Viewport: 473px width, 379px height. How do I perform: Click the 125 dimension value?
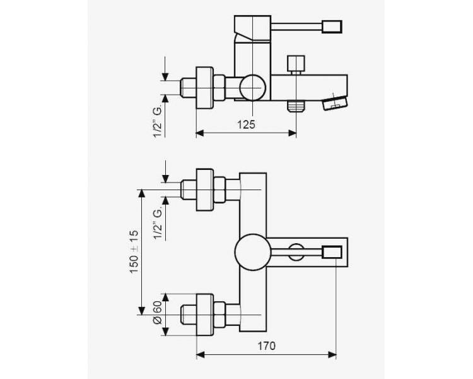tap(246, 124)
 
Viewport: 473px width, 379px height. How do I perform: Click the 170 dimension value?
tap(266, 346)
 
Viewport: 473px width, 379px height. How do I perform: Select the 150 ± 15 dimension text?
tap(134, 251)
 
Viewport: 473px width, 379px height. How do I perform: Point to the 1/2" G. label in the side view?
tap(158, 120)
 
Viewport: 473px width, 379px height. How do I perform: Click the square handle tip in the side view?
tap(332, 27)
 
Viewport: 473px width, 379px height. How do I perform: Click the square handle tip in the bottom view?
tap(332, 252)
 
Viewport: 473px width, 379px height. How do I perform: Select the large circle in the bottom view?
tap(253, 252)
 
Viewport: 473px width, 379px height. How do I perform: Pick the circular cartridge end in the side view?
tap(253, 88)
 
